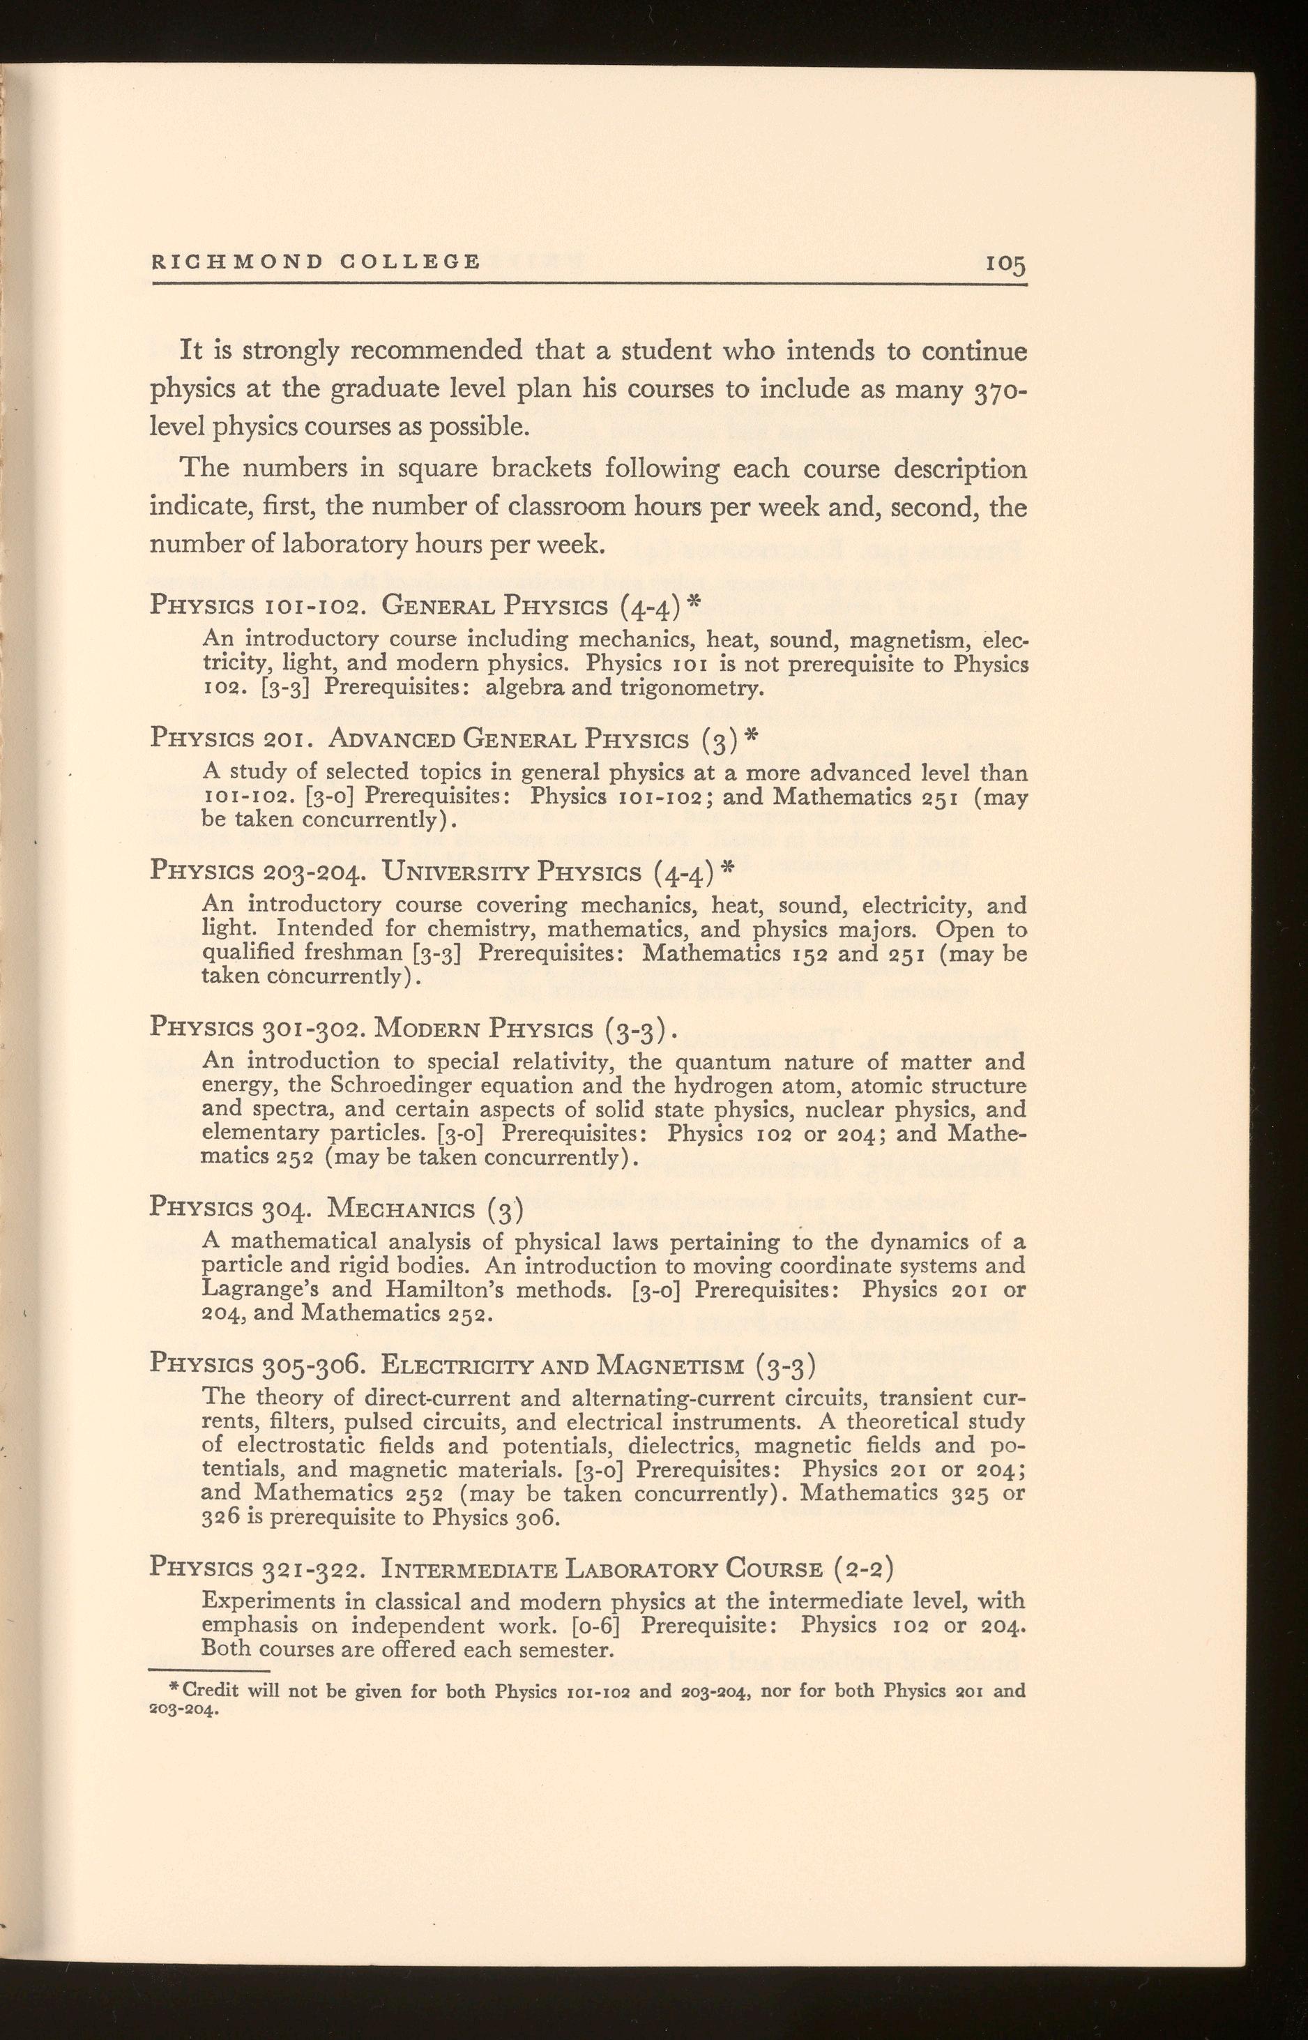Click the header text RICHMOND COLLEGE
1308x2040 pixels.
point(316,261)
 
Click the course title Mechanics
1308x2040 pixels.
point(404,1206)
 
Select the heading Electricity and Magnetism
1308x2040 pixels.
point(564,1363)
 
